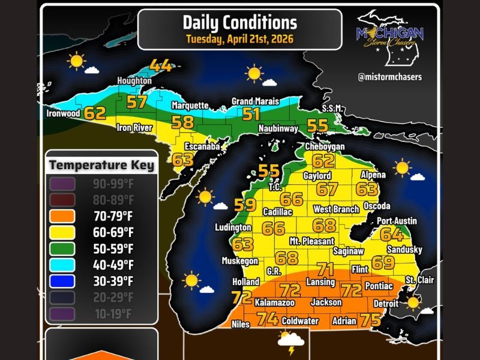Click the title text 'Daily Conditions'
point(239,23)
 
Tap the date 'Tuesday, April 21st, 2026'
point(239,40)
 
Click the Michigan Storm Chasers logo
point(390,36)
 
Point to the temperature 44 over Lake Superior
point(161,65)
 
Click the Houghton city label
point(134,80)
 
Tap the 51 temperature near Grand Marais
point(251,114)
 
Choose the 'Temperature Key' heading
point(101,165)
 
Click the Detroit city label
point(386,304)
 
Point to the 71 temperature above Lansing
point(326,269)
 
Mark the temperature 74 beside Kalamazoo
point(268,319)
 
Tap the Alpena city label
point(373,175)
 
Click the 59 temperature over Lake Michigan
point(245,205)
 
